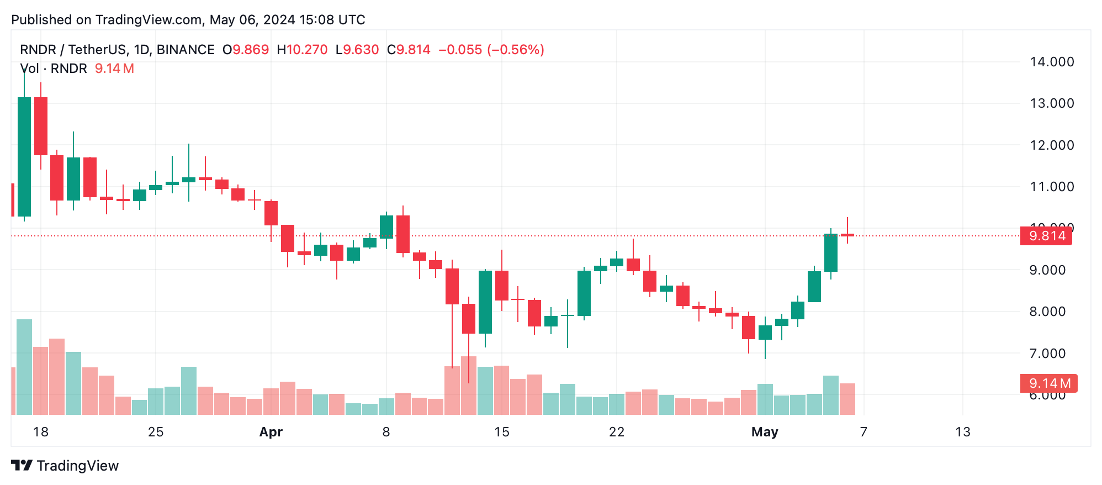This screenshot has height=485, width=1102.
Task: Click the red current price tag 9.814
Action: point(1046,236)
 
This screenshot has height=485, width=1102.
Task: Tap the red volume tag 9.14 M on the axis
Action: point(1048,383)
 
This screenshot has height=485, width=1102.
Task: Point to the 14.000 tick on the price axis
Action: point(1052,62)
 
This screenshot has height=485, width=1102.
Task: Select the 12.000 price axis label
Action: point(1052,145)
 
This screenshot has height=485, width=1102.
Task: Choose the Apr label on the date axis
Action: point(271,432)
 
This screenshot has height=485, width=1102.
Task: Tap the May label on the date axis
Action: point(765,432)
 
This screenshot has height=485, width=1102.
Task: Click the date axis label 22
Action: point(617,432)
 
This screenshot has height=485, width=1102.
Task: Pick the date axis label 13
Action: point(963,432)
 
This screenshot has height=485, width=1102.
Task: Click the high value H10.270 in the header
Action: point(302,50)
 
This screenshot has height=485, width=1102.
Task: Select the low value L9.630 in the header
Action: point(357,50)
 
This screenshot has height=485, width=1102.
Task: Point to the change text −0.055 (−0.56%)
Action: point(491,50)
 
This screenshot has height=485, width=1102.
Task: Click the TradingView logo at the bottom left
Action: point(65,466)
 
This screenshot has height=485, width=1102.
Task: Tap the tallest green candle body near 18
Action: point(24,157)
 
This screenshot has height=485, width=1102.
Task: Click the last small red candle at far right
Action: point(847,235)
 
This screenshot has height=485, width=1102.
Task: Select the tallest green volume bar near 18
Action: point(24,367)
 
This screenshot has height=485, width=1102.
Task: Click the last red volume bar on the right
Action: point(847,399)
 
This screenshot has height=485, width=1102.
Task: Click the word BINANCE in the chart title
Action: point(186,50)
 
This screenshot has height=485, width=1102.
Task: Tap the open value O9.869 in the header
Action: point(246,50)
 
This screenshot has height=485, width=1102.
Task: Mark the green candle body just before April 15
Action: point(485,302)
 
